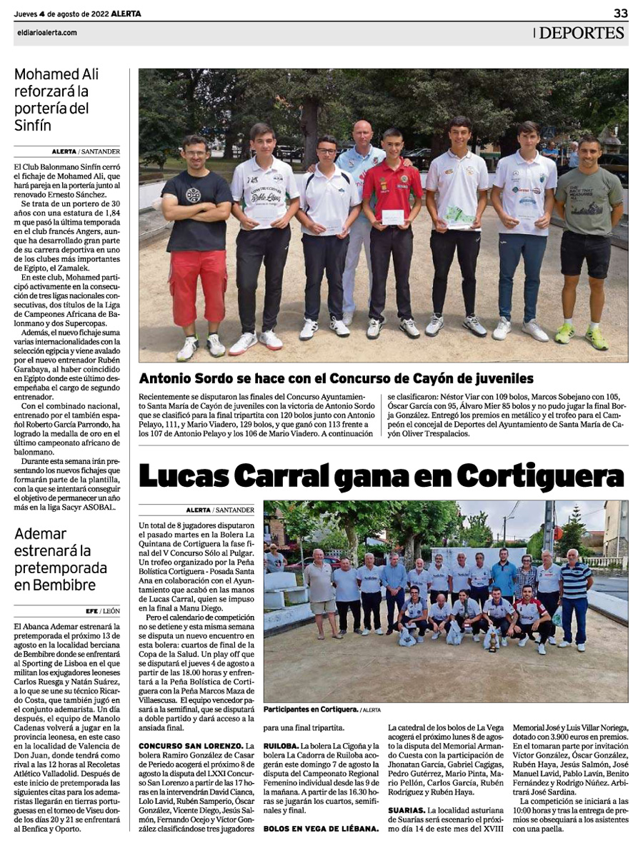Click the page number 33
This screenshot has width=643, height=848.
click(620, 14)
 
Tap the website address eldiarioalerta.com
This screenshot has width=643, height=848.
click(46, 33)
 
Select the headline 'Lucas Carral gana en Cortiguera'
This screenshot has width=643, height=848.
click(381, 475)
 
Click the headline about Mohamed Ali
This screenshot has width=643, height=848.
click(56, 100)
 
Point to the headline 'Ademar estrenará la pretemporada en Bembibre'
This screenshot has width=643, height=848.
click(60, 559)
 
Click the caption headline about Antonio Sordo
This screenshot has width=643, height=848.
click(336, 378)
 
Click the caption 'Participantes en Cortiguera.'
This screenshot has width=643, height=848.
click(309, 710)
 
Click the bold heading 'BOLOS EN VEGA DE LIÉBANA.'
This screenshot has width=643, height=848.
click(321, 829)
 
